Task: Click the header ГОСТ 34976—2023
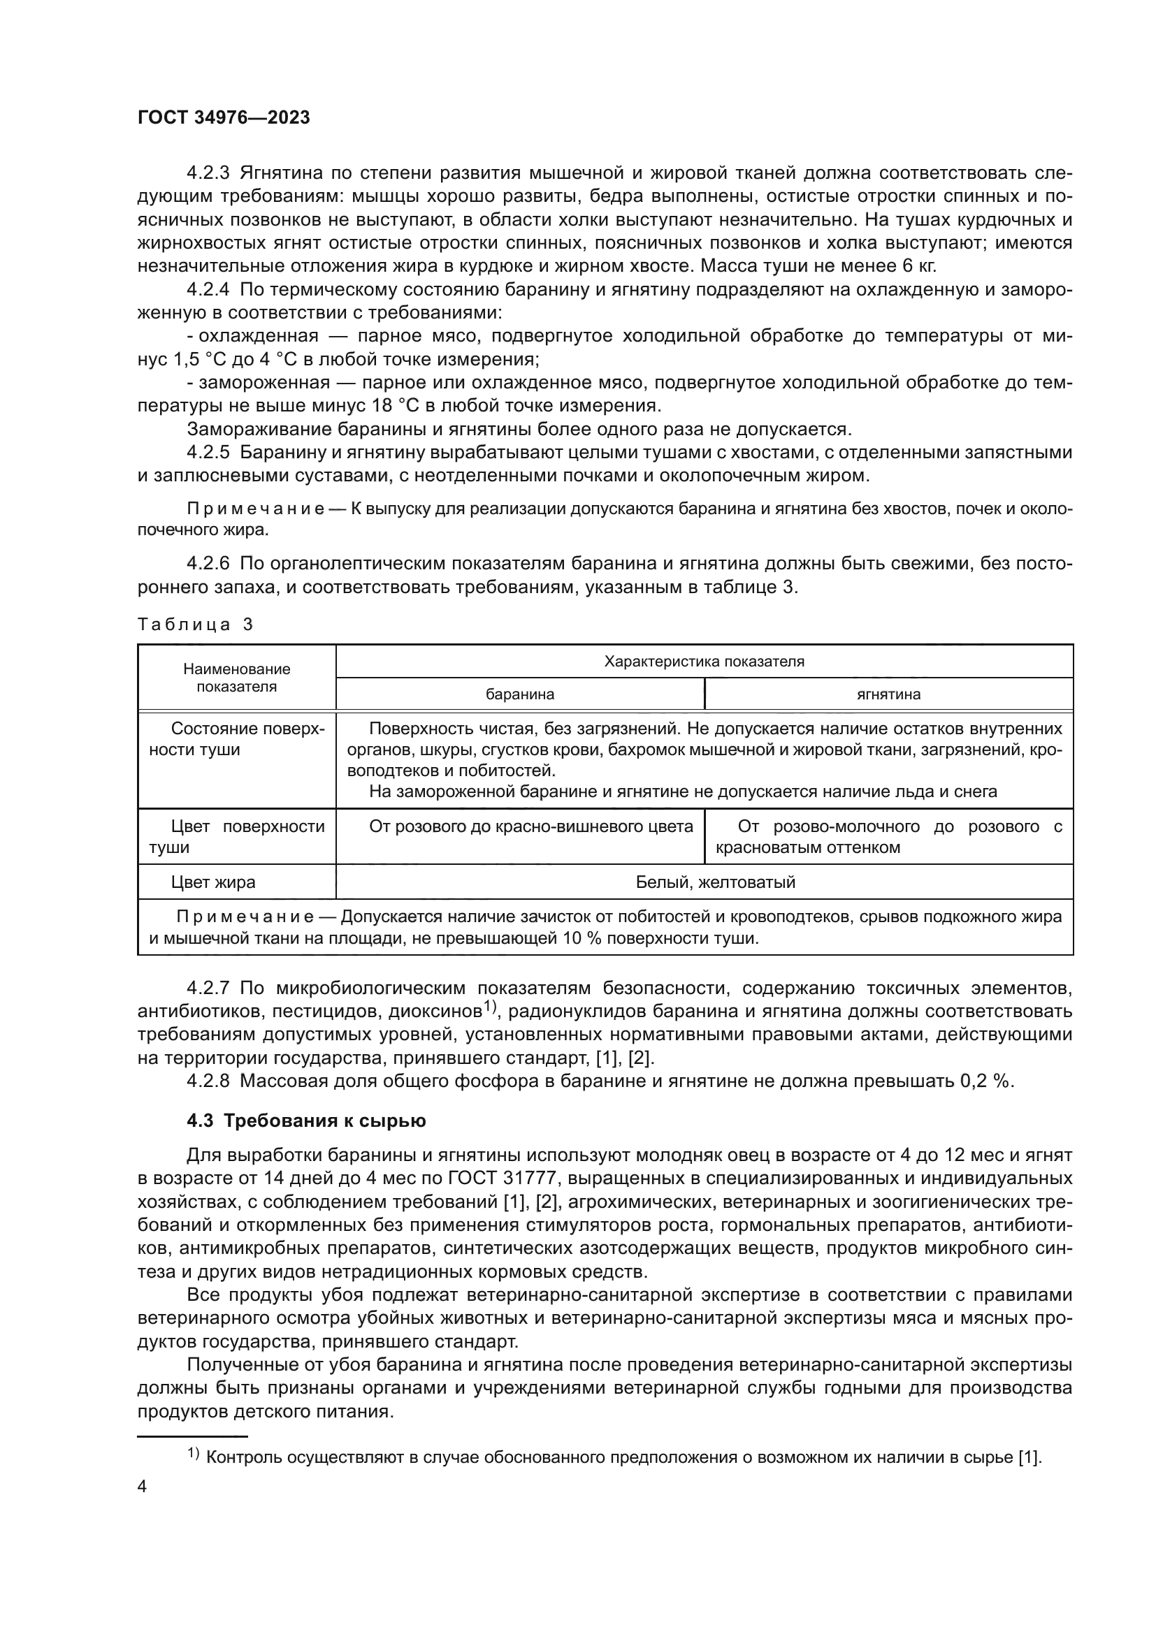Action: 224,117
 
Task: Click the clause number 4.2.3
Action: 208,173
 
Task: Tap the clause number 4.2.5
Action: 208,453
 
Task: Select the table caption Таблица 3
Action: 195,624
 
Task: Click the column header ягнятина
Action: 888,694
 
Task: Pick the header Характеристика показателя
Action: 704,661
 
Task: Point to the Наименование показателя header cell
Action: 236,678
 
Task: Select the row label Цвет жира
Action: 213,882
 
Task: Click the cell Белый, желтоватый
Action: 716,882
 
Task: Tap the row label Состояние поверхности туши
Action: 236,739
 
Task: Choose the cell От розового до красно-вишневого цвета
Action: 530,826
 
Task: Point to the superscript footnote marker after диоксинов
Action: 489,1005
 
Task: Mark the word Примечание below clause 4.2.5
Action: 256,509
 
